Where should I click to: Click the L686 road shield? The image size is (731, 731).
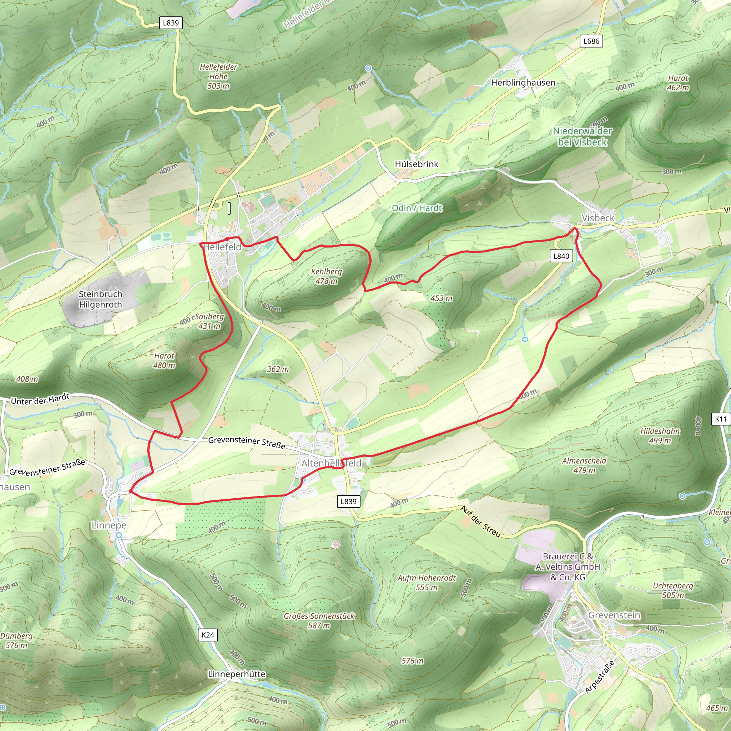591,41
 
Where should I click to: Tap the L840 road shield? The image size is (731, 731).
561,256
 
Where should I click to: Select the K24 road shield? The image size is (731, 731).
208,635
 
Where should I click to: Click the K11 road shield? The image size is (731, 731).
721,419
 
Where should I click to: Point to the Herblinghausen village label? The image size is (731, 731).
523,83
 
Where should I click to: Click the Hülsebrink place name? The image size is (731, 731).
416,164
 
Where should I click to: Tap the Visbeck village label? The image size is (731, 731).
598,218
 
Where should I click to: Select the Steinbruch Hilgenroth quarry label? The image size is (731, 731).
100,299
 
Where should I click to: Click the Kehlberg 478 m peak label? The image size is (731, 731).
326,276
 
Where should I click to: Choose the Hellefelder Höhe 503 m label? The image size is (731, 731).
218,76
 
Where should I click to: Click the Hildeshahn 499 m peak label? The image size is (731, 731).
660,436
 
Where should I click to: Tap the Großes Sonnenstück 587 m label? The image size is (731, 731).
319,620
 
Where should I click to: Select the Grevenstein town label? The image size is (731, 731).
614,615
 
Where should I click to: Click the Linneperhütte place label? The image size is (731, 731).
237,674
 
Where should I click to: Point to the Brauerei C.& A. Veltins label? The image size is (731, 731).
568,567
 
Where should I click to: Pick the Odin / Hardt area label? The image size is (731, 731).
417,208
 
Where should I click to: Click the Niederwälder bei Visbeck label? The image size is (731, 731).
582,137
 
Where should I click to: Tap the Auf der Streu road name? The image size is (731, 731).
480,521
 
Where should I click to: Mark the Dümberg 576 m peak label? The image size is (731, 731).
16,641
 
